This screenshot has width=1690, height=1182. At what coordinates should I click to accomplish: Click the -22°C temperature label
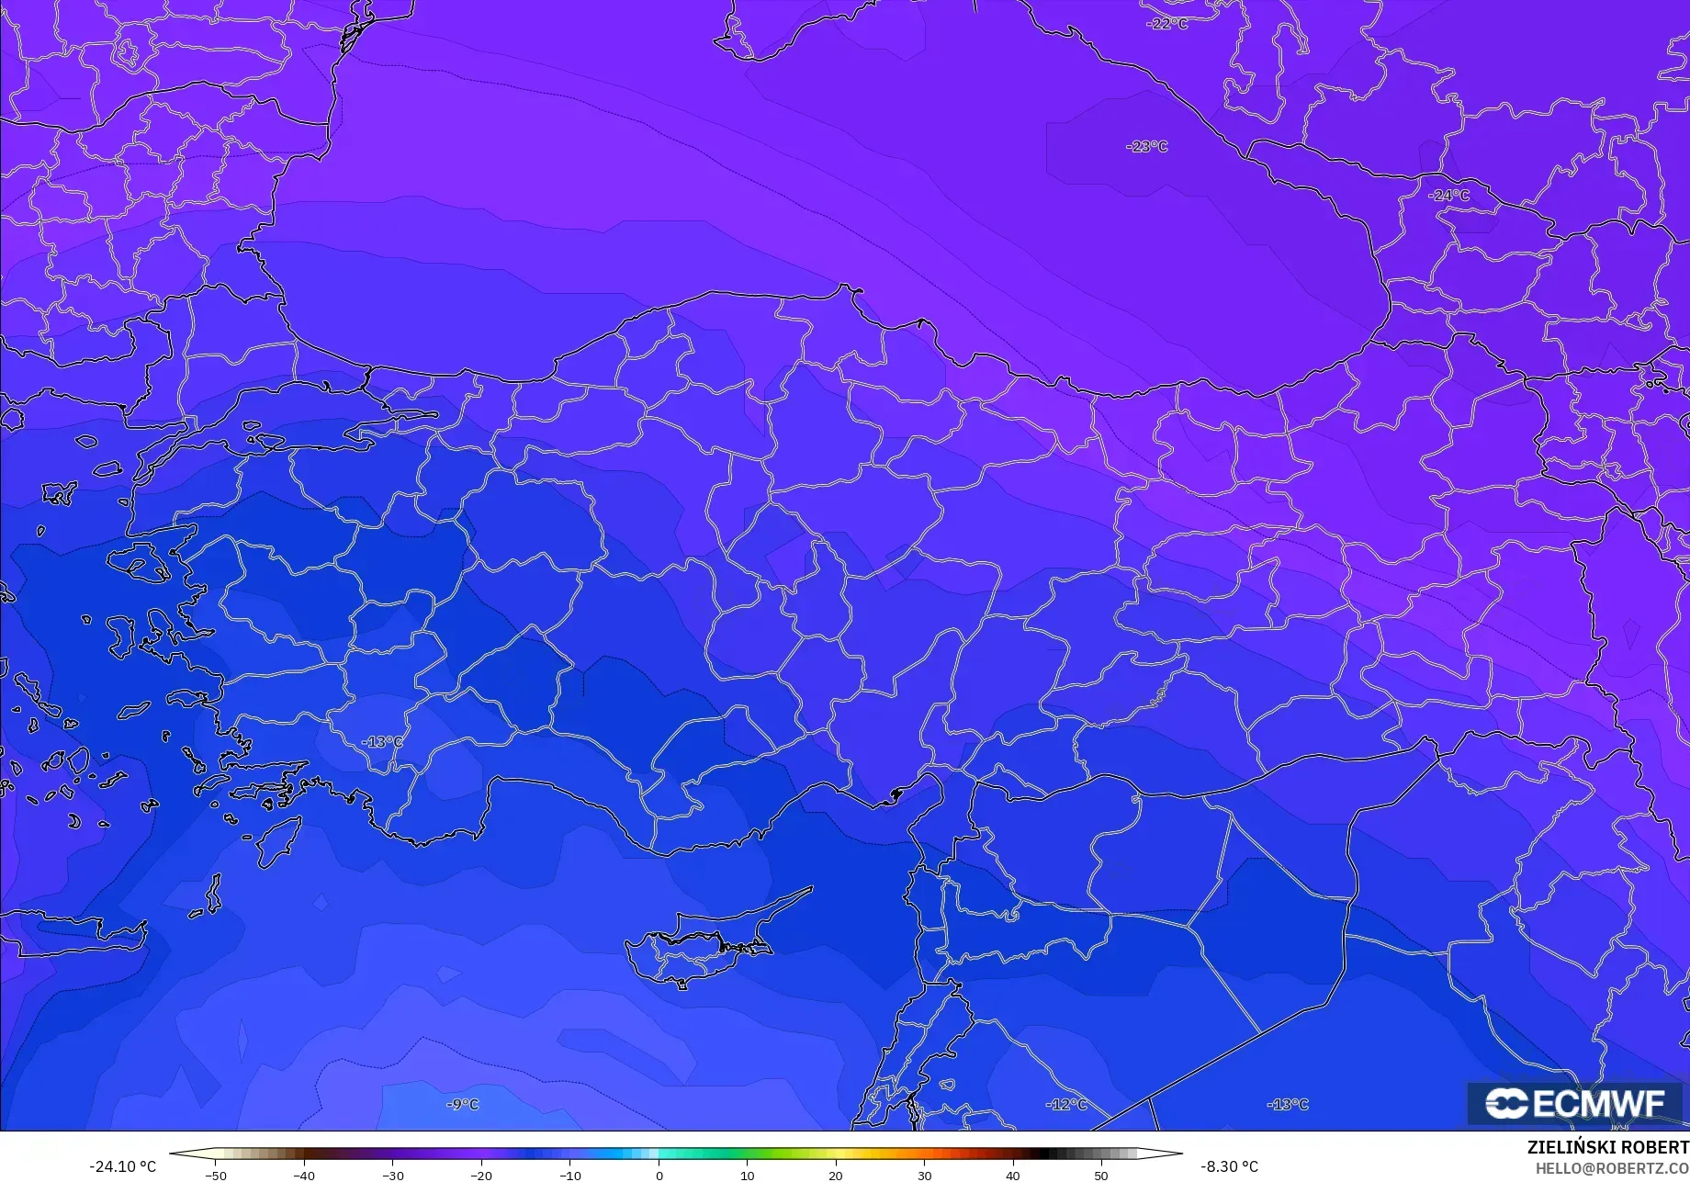click(1167, 24)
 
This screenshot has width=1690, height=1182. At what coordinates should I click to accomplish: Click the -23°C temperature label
click(1146, 146)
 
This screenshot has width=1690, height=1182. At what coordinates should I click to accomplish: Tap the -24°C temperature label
click(1448, 196)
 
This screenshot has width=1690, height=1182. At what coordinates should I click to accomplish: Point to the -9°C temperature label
click(462, 1104)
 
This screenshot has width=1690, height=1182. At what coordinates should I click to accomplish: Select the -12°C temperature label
click(1065, 1104)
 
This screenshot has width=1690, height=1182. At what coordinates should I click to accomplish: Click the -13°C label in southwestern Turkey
click(381, 741)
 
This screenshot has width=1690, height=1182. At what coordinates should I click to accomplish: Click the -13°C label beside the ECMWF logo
click(1287, 1104)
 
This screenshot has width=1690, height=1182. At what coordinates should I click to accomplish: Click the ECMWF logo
click(1575, 1103)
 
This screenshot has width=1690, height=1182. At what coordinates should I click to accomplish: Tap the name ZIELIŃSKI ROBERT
click(1607, 1148)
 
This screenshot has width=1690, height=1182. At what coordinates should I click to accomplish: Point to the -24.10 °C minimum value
click(122, 1166)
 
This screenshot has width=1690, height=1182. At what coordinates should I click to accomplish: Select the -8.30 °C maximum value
click(1229, 1166)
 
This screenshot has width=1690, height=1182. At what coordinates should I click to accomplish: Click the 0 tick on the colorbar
click(659, 1176)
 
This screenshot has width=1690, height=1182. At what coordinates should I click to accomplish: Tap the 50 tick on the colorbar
click(1101, 1176)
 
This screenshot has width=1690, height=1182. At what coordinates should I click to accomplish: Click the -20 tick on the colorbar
click(481, 1176)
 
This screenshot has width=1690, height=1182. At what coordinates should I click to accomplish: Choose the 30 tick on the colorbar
click(924, 1176)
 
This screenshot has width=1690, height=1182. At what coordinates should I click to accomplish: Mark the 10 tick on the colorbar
click(747, 1176)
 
